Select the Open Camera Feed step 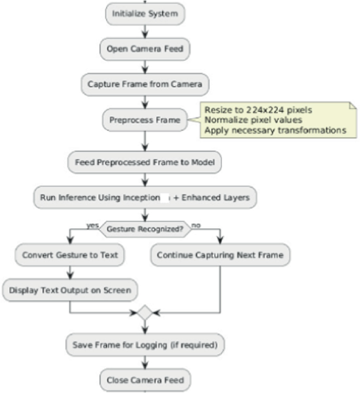coord(145,49)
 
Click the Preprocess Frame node coord(145,120)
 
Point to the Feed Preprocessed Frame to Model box coord(145,163)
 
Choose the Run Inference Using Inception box coord(145,198)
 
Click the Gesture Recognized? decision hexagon coord(145,229)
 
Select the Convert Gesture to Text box coord(70,255)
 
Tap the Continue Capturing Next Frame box coord(220,255)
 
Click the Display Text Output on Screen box coord(70,289)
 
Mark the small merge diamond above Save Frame coord(145,313)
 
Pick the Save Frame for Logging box coord(145,345)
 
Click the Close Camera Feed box coord(145,379)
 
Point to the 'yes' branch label coord(92,224)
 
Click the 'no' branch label coord(197,224)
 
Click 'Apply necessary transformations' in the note coord(275,130)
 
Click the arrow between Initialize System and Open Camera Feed coord(145,32)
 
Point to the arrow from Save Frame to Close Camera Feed coord(145,363)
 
